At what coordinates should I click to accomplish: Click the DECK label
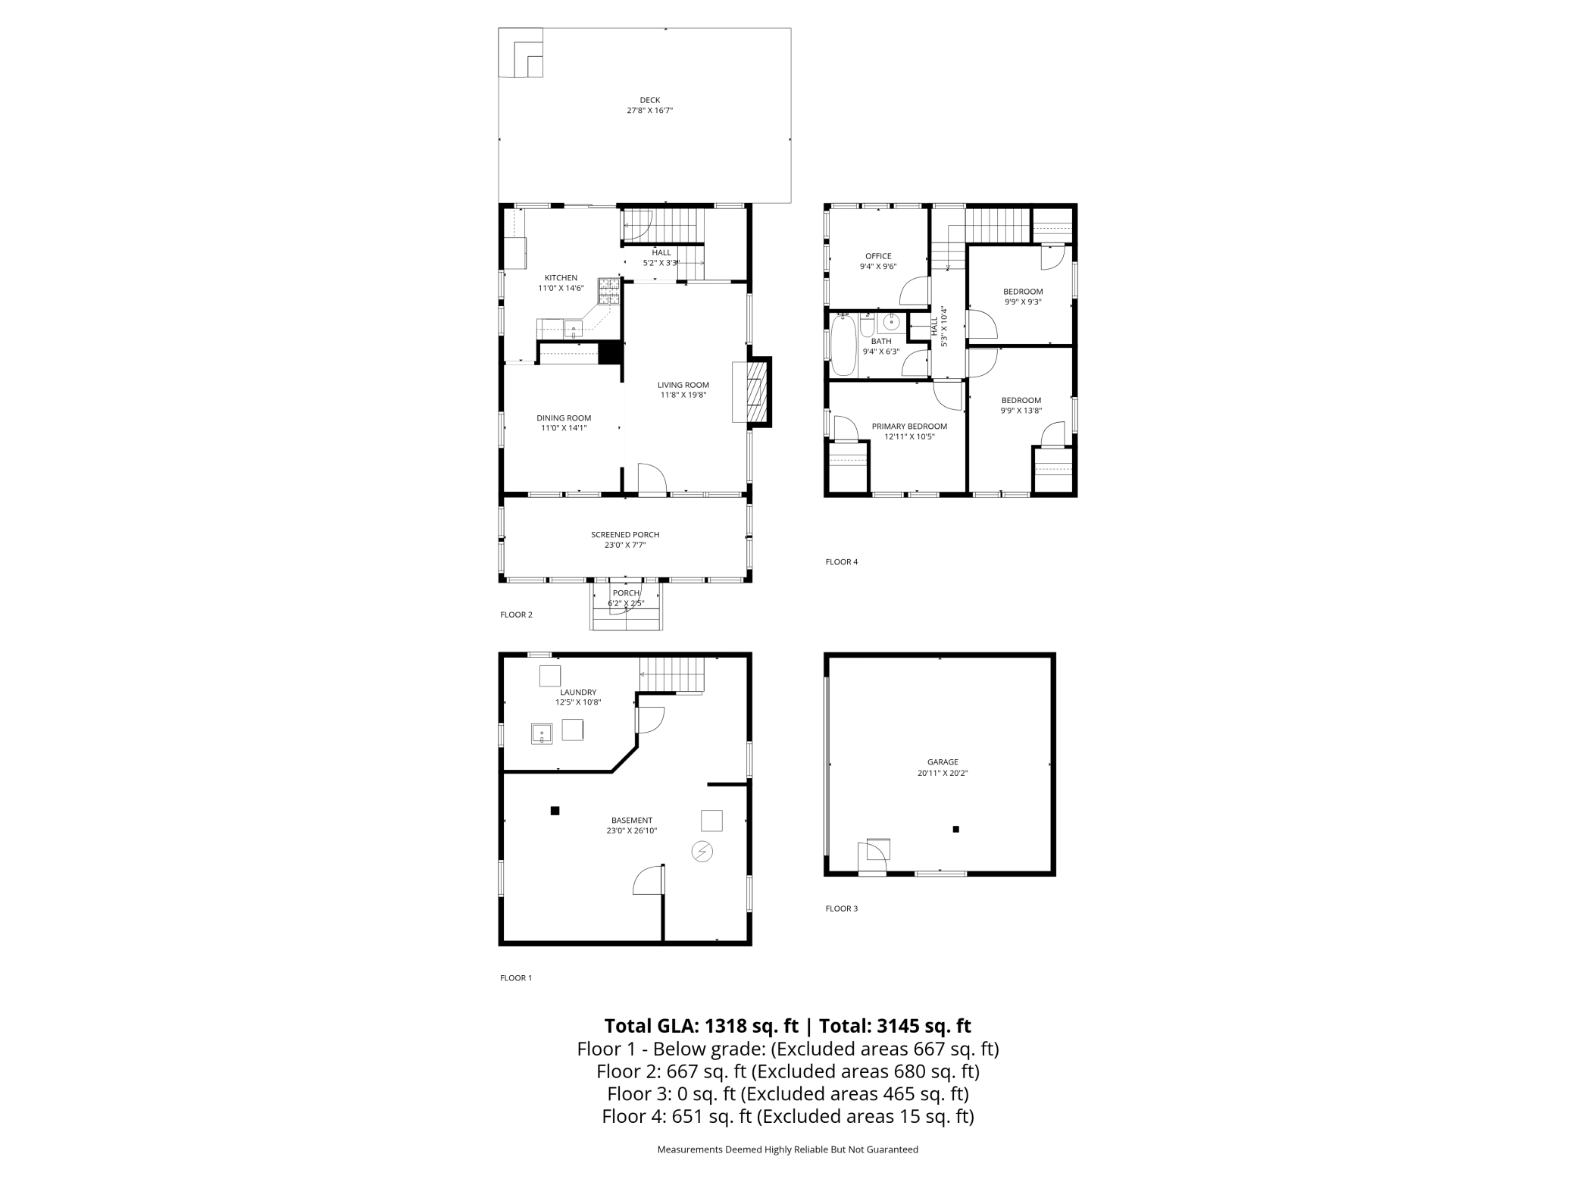[649, 100]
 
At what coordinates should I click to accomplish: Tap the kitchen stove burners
[609, 292]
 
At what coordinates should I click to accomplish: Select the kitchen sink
[574, 329]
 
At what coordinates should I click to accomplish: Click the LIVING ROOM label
[683, 385]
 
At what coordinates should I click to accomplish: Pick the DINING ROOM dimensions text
[564, 428]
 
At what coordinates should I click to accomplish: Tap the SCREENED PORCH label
[626, 535]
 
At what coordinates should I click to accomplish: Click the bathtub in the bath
[843, 346]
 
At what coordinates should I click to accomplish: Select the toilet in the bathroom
[868, 324]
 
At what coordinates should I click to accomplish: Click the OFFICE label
[878, 256]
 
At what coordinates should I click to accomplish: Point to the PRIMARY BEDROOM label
[909, 427]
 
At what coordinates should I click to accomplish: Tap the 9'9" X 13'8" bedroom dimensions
[1021, 411]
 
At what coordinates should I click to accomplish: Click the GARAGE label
[943, 762]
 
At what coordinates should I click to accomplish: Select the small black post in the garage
[956, 830]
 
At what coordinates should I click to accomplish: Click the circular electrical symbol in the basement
[702, 852]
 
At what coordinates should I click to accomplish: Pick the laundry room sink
[542, 733]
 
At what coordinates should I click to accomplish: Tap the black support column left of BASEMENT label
[555, 811]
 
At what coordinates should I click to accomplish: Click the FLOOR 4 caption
[842, 562]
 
